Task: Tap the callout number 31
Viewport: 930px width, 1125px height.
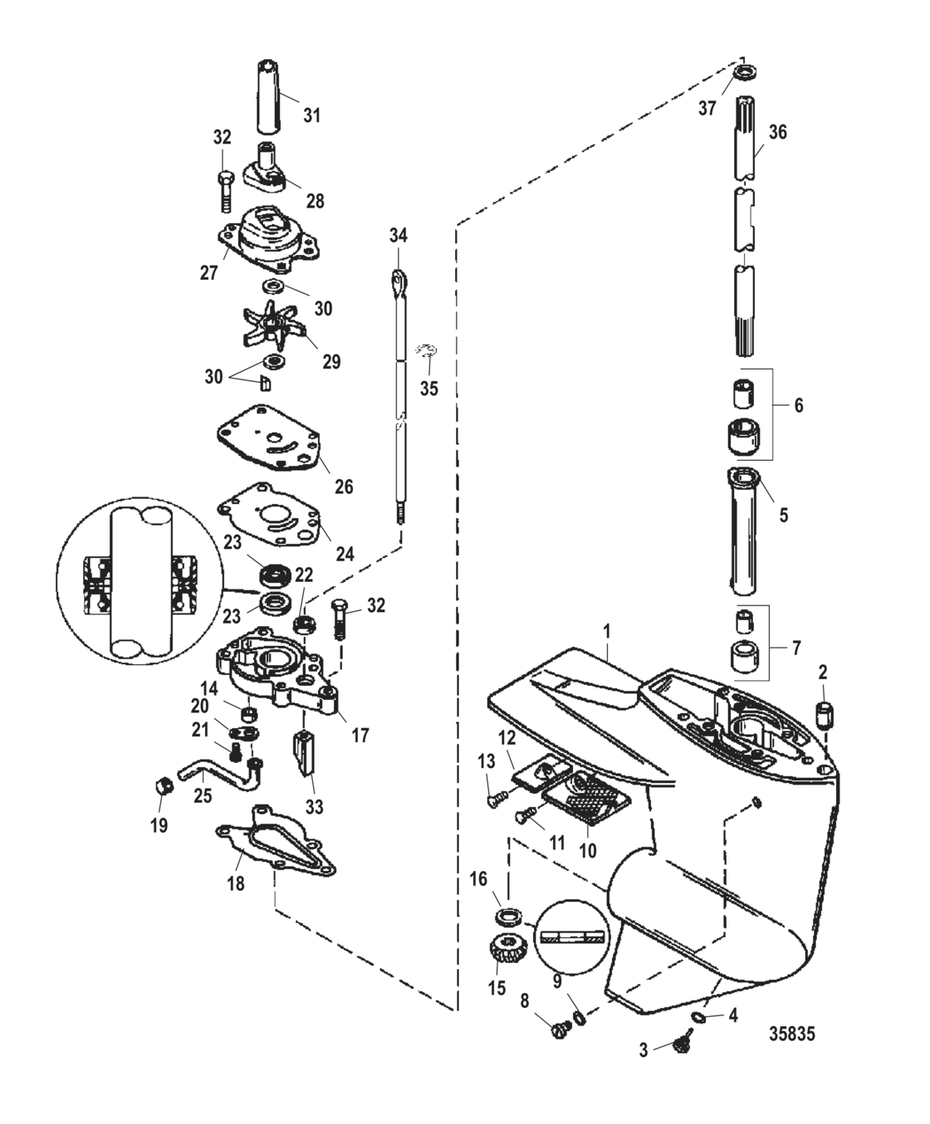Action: click(311, 115)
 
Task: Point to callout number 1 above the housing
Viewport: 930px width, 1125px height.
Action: click(607, 632)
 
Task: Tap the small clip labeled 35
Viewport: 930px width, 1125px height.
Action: click(429, 351)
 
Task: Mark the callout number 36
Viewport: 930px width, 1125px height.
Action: click(777, 132)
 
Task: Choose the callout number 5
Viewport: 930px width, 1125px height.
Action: click(783, 515)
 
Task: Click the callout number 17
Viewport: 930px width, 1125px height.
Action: click(360, 735)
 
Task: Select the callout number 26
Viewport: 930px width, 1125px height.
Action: click(343, 487)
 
